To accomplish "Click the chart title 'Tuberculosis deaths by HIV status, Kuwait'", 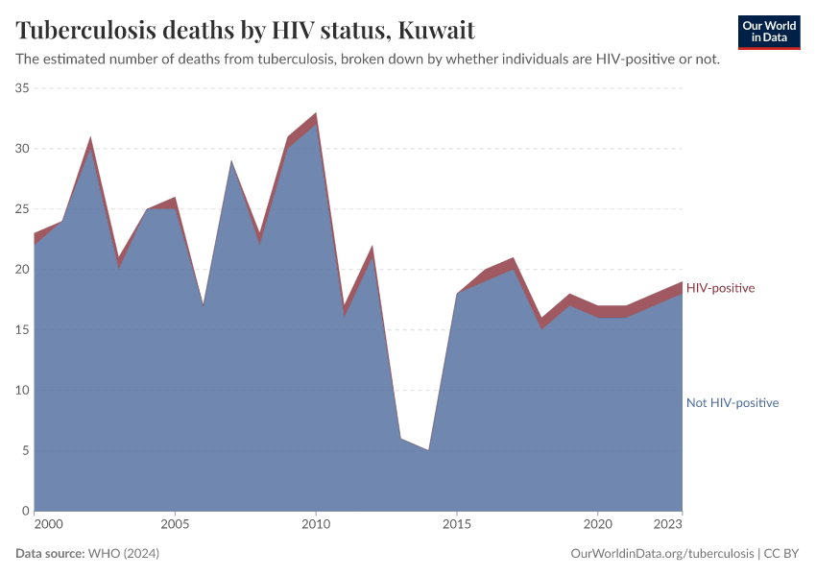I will click(x=245, y=30).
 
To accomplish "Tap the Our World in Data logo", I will click(x=768, y=32).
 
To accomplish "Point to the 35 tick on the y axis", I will click(x=21, y=88).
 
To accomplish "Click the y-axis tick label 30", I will click(x=21, y=149).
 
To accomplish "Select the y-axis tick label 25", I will click(x=21, y=209).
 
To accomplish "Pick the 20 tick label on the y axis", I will click(x=21, y=270).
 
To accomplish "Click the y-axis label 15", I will click(x=21, y=330).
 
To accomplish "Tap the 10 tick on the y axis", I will click(x=21, y=391).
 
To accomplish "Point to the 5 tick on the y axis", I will click(x=25, y=451).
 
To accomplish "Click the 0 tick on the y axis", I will click(x=25, y=511).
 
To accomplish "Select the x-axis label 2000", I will click(x=48, y=525).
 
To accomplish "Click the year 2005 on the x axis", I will click(x=175, y=525).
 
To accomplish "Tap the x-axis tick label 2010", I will click(x=316, y=525).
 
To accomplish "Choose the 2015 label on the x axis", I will click(x=457, y=525).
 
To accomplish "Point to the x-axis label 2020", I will click(x=597, y=525).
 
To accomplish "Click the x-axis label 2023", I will click(x=668, y=525).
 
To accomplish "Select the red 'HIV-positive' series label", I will click(x=720, y=288).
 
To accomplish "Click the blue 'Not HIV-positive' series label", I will click(x=732, y=403).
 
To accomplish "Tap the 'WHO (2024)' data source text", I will click(x=123, y=554).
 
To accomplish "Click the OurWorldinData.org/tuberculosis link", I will click(x=661, y=554).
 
